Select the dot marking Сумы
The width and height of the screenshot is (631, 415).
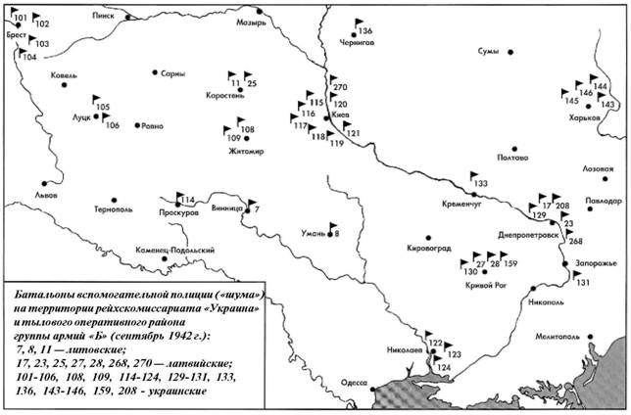pyautogui.click(x=510, y=50)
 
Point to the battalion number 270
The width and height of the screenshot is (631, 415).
pyautogui.click(x=341, y=88)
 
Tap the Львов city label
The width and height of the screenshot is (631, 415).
pyautogui.click(x=47, y=196)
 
